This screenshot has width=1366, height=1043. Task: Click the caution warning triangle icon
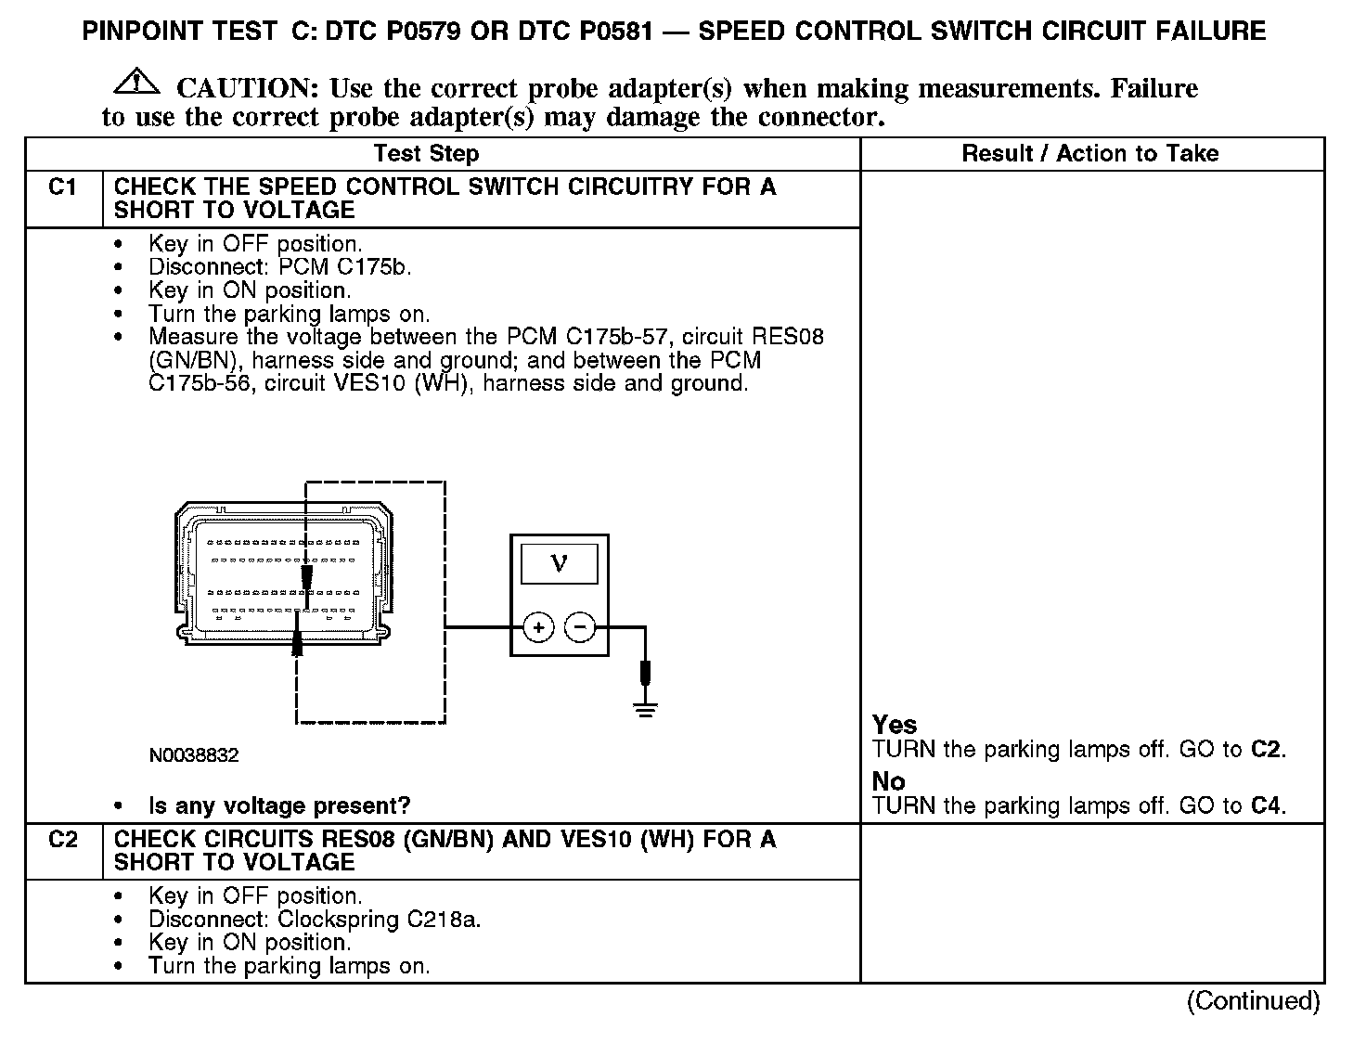click(x=135, y=83)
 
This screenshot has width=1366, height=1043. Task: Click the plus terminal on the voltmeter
click(x=538, y=628)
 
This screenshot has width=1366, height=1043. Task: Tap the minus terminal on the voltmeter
click(x=580, y=628)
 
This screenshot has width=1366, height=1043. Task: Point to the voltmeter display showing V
click(x=559, y=562)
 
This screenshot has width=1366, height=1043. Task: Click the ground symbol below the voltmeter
click(x=646, y=710)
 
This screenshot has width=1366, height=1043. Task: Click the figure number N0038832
click(x=194, y=755)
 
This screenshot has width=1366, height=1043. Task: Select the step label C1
click(x=62, y=188)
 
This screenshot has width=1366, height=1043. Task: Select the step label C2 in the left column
click(x=62, y=841)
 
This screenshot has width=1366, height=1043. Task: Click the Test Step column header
click(x=426, y=154)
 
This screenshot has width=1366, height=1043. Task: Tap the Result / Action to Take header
click(x=1090, y=154)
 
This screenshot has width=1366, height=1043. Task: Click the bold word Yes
click(x=895, y=725)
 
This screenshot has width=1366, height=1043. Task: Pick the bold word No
click(x=888, y=781)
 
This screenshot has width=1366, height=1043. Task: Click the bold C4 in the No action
click(x=1266, y=805)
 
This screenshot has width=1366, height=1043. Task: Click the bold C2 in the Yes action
click(x=1266, y=750)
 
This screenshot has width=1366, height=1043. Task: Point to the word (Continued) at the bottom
click(x=1253, y=1001)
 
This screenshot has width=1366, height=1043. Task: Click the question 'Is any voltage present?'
click(x=279, y=805)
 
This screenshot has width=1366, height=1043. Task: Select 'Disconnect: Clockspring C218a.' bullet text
click(x=315, y=920)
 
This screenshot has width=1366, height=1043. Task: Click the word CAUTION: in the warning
click(x=248, y=89)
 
